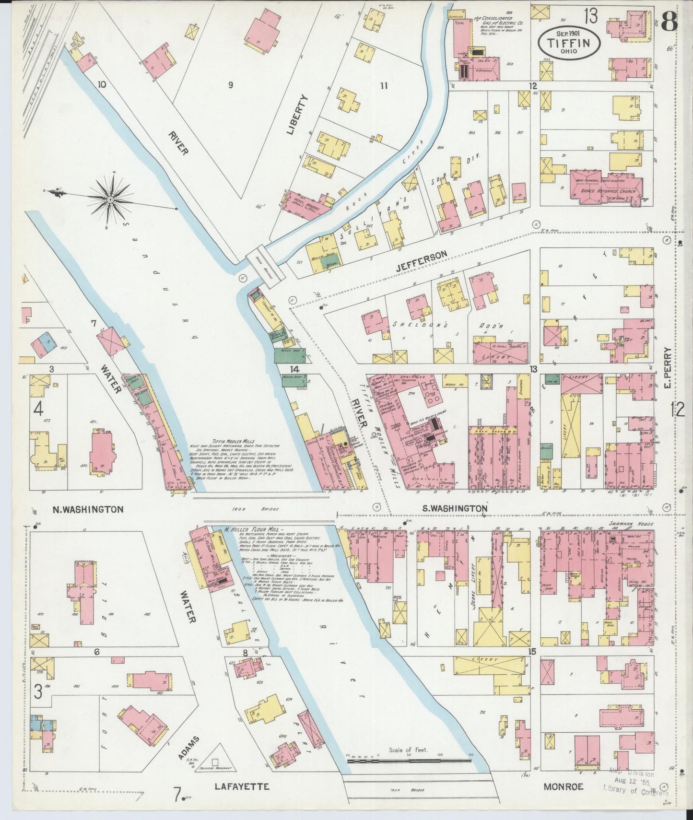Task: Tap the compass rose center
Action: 111,199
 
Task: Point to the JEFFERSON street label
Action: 422,255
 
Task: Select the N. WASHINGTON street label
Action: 88,509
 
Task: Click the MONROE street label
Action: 564,786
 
